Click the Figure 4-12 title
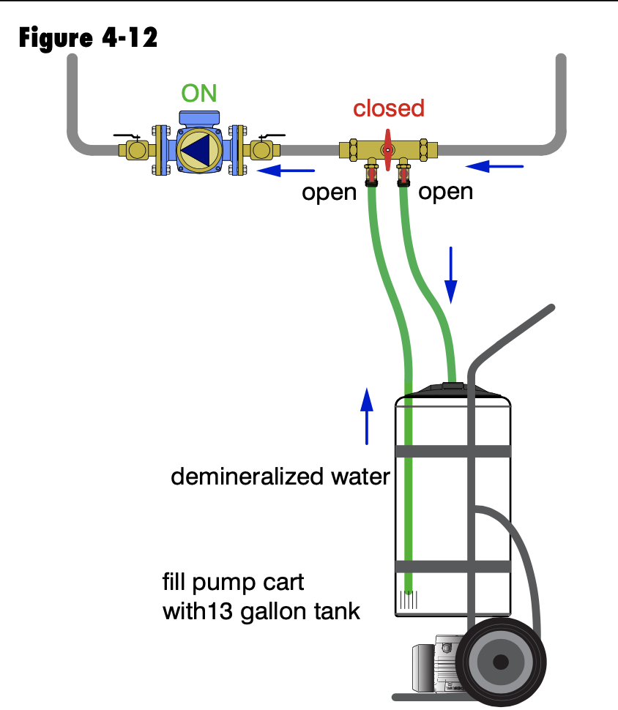[88, 37]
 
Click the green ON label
[199, 94]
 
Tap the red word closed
[388, 108]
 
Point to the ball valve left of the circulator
[135, 149]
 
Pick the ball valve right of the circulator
[263, 149]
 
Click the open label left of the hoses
[330, 193]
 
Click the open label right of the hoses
[445, 191]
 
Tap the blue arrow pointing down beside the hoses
[451, 275]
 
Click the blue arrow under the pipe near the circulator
[288, 172]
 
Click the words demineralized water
[280, 477]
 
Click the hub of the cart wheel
[501, 662]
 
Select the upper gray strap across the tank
[453, 451]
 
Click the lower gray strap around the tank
[453, 567]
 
